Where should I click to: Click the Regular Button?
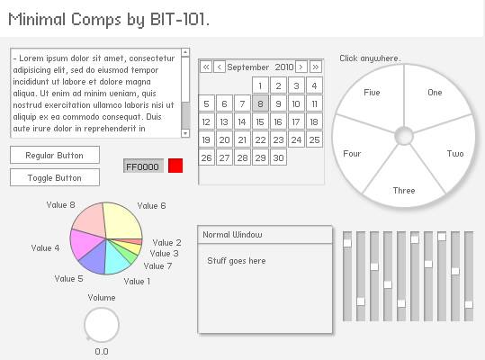point(55,155)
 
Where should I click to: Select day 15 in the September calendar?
point(260,121)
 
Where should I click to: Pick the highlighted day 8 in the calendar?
point(260,103)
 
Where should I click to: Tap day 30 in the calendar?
point(278,157)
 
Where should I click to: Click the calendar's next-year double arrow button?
point(316,67)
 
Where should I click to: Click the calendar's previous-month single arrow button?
point(219,67)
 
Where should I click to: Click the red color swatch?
point(175,166)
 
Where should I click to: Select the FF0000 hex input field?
point(143,166)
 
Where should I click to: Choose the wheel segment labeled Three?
point(404,183)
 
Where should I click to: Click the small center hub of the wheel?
point(404,136)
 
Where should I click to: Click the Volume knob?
point(102,324)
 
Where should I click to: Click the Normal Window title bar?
point(265,235)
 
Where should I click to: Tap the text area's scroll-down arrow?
point(185,133)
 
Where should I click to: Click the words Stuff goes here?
point(237,261)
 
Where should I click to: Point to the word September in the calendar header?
point(248,67)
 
